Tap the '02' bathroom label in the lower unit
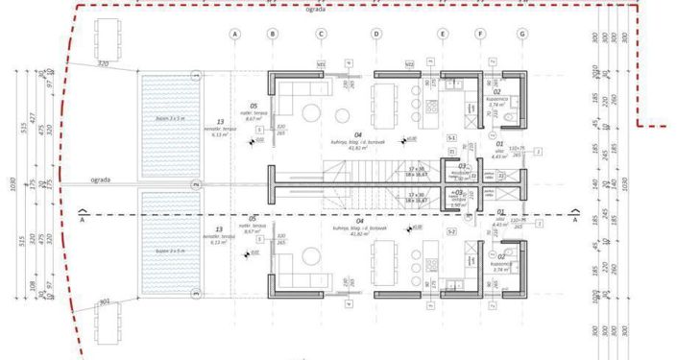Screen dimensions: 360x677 point(497,257)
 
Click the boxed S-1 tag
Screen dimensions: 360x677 point(451,138)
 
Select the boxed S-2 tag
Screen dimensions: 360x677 point(451,231)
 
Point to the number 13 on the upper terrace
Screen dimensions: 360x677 point(220,122)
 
